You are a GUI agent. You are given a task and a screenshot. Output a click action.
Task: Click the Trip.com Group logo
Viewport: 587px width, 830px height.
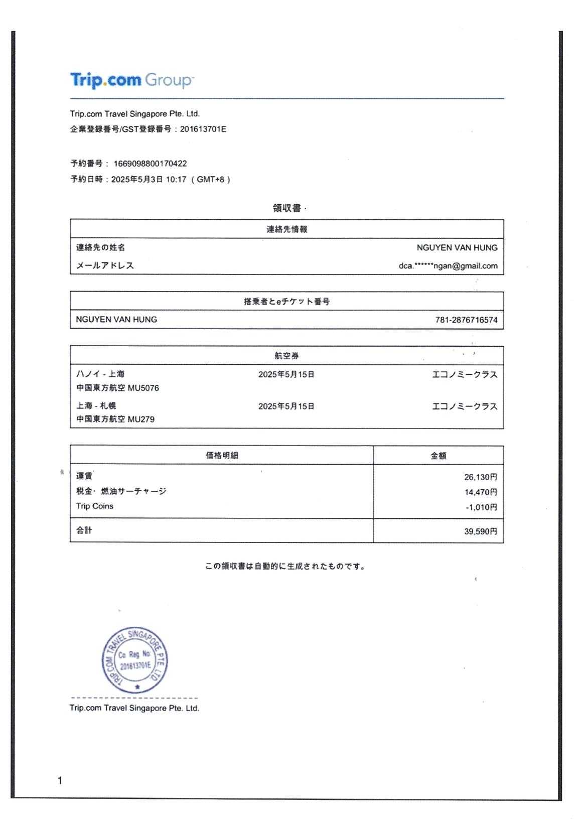(131, 80)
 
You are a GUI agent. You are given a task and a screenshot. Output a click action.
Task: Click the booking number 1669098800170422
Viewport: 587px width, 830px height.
(150, 164)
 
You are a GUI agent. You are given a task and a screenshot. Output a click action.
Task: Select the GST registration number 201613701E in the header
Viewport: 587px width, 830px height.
(203, 129)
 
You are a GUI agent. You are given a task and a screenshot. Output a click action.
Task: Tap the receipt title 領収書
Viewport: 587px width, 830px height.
(286, 208)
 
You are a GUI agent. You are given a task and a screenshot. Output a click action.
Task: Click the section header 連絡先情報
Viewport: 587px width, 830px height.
(286, 229)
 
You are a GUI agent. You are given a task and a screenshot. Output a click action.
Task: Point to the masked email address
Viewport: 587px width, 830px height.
(448, 266)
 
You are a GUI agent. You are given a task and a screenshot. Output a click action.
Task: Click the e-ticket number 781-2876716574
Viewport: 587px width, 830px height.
(466, 320)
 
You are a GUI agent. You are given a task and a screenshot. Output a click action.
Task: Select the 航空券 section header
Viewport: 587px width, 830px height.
(286, 356)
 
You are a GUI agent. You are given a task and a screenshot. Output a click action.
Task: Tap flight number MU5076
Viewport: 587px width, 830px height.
(143, 388)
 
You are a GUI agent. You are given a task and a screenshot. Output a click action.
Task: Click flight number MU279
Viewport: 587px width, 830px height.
(141, 420)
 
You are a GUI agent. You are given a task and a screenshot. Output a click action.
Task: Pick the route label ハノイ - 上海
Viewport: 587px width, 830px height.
(100, 374)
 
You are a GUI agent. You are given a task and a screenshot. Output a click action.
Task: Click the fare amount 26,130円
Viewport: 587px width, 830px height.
(480, 477)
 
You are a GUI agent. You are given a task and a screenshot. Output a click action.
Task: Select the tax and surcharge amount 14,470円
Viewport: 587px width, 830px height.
(480, 492)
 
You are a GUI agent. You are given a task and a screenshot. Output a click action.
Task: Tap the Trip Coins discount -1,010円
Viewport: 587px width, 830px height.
(481, 507)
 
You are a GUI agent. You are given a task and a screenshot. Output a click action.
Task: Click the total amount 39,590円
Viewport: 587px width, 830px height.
(480, 531)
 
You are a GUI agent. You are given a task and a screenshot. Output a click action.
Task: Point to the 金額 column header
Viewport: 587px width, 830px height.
(438, 456)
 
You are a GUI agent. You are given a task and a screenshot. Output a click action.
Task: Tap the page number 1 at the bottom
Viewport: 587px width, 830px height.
(60, 780)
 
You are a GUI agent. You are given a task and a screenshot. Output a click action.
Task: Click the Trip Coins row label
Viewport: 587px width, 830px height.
(95, 506)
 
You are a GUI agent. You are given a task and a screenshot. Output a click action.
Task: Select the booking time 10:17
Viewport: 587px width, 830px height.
(176, 180)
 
